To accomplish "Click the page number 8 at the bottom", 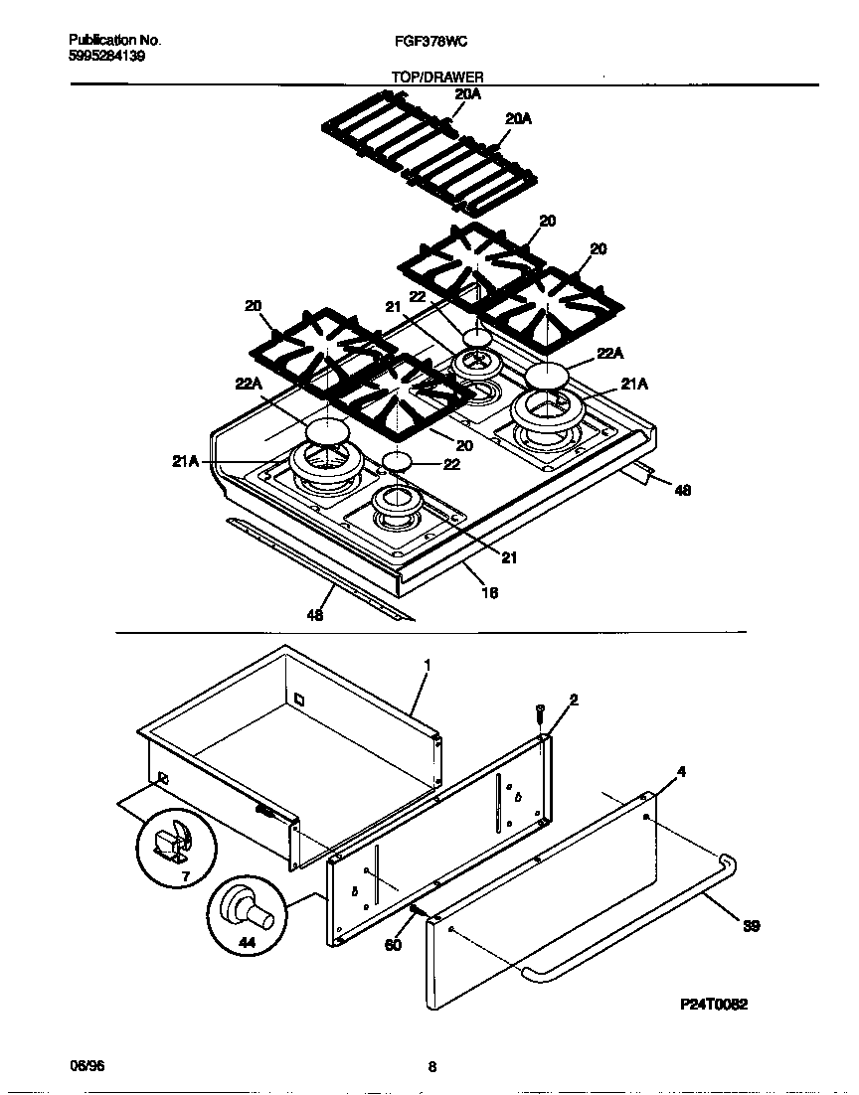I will pos(431,1067).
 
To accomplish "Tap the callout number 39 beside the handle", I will pos(751,926).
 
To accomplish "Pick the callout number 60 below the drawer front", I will pos(394,945).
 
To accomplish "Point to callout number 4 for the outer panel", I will pos(680,770).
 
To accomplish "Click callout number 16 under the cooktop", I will pos(489,593).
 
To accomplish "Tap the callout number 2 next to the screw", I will pos(573,700).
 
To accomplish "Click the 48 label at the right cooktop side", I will pos(682,490).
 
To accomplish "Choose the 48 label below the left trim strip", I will pos(315,615).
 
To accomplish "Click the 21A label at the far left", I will pos(186,460).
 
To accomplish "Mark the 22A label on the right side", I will pos(610,353).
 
